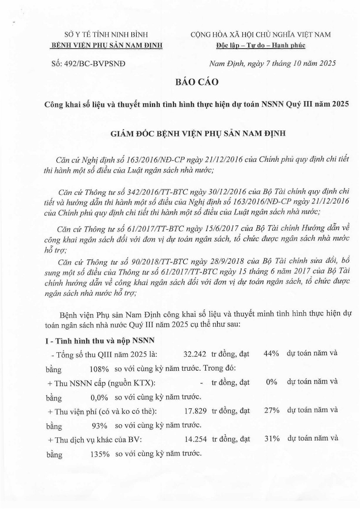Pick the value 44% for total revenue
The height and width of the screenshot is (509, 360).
270,353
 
